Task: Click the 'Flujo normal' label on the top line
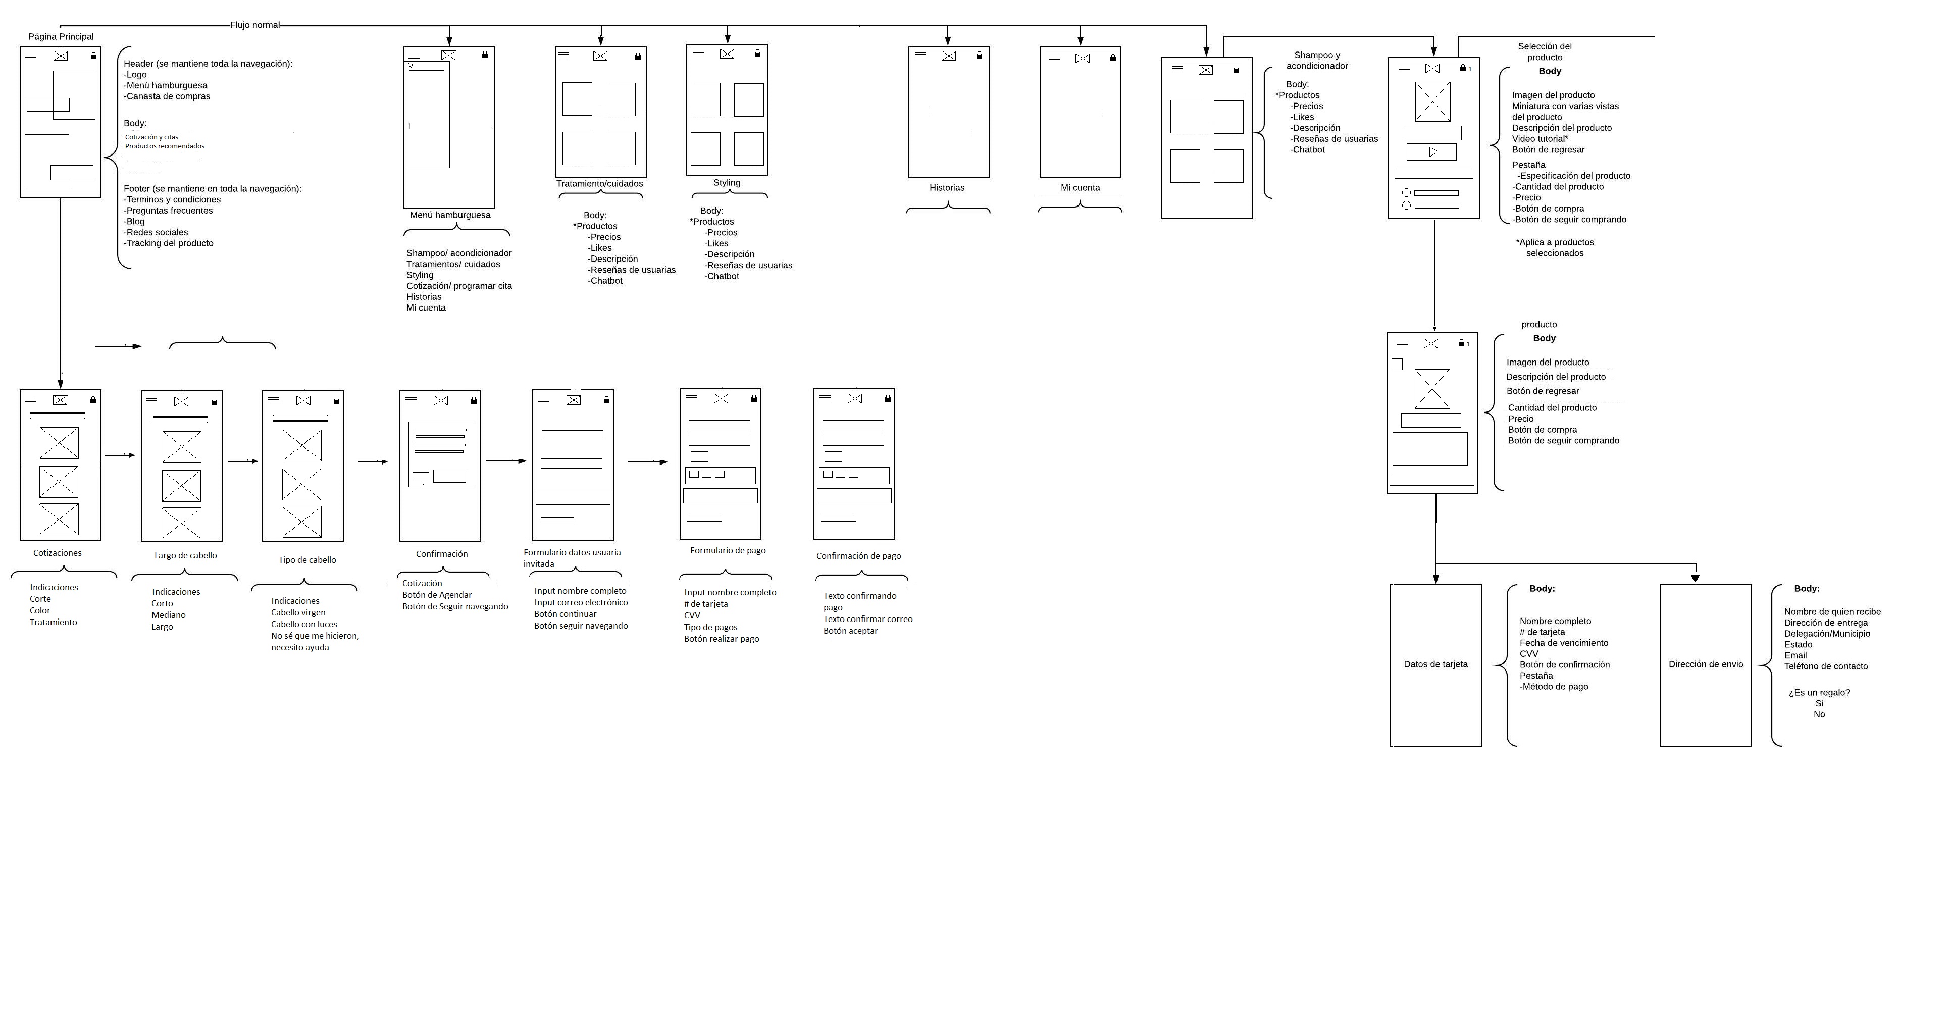click(255, 25)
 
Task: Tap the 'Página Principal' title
click(61, 36)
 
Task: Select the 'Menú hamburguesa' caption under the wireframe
click(450, 215)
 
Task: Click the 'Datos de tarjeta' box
click(1435, 664)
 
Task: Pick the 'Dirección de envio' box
click(1706, 664)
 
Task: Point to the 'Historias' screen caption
click(947, 188)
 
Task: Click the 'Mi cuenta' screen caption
click(1080, 188)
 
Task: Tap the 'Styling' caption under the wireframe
click(727, 182)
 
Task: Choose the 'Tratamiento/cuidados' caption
click(599, 184)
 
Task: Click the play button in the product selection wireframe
click(1432, 152)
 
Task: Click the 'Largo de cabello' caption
click(185, 555)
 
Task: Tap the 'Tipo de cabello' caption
click(306, 560)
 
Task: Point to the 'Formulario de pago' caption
click(728, 550)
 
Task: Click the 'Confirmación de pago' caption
click(858, 555)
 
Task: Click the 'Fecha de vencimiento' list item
click(1564, 643)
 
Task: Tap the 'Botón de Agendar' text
click(437, 595)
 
